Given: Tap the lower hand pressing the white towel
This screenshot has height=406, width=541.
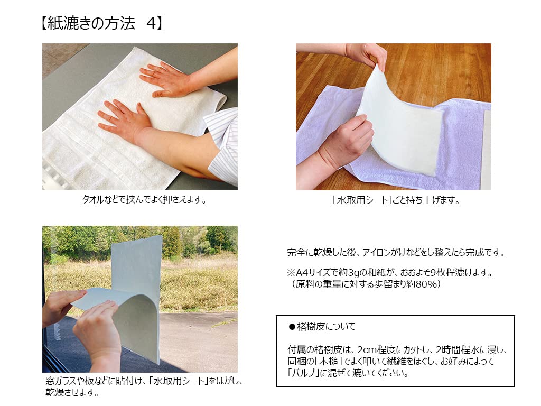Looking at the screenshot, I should point(124,119).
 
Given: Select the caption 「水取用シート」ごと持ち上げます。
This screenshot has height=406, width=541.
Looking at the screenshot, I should point(394,200).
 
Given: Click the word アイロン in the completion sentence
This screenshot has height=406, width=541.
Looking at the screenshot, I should point(374,253).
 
